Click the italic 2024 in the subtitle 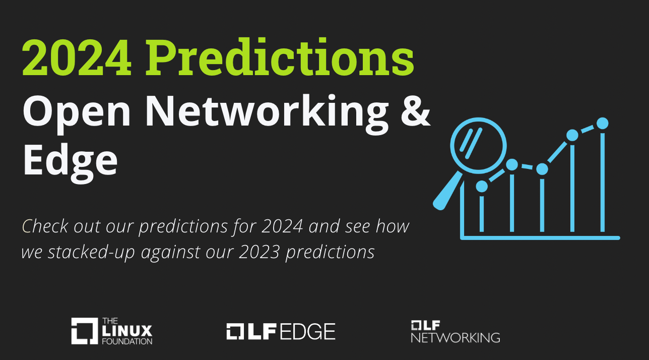pyautogui.click(x=282, y=226)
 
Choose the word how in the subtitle pyautogui.click(x=393, y=226)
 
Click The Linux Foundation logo pyautogui.click(x=111, y=331)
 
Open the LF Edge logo pyautogui.click(x=281, y=331)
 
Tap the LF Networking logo pyautogui.click(x=455, y=331)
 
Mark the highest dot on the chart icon pyautogui.click(x=602, y=123)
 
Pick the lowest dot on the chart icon pyautogui.click(x=482, y=186)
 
